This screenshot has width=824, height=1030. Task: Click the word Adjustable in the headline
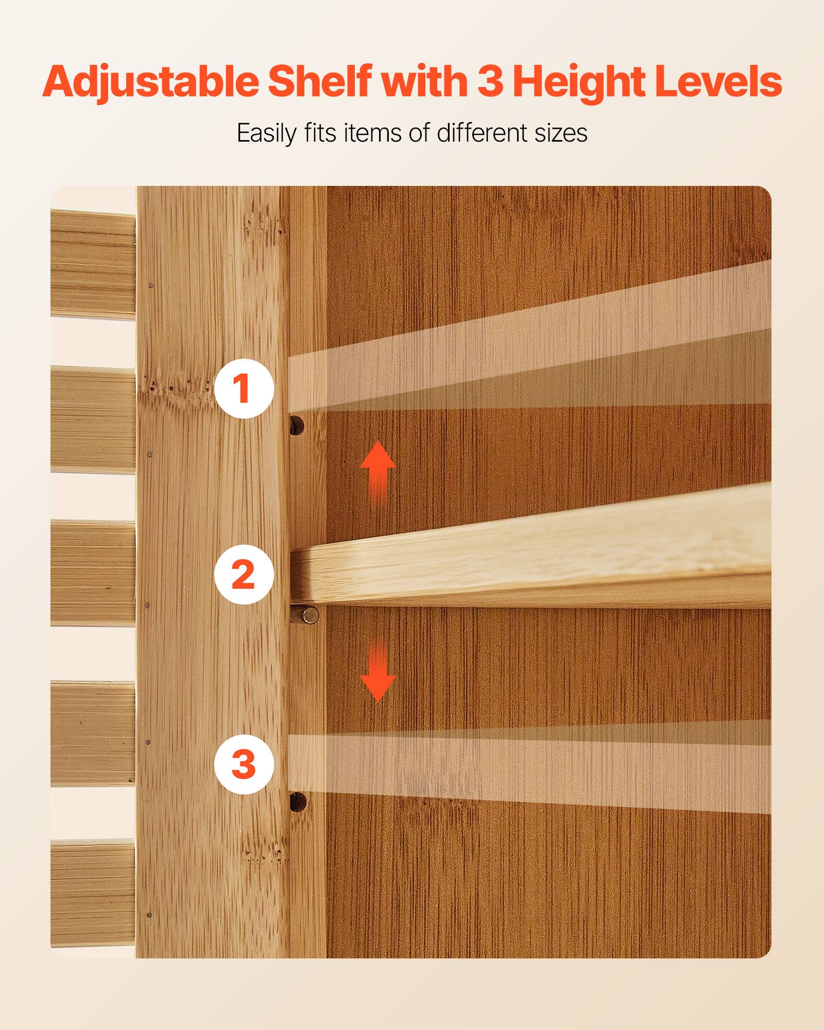pyautogui.click(x=150, y=82)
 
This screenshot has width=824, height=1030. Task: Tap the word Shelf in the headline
pyautogui.click(x=319, y=81)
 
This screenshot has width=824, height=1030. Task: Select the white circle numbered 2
pyautogui.click(x=244, y=575)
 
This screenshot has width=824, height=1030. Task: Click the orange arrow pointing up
pyautogui.click(x=377, y=473)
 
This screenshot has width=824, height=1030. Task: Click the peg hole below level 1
pyautogui.click(x=297, y=425)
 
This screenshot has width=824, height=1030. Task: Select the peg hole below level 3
pyautogui.click(x=297, y=801)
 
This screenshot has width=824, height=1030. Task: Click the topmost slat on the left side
pyautogui.click(x=93, y=264)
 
